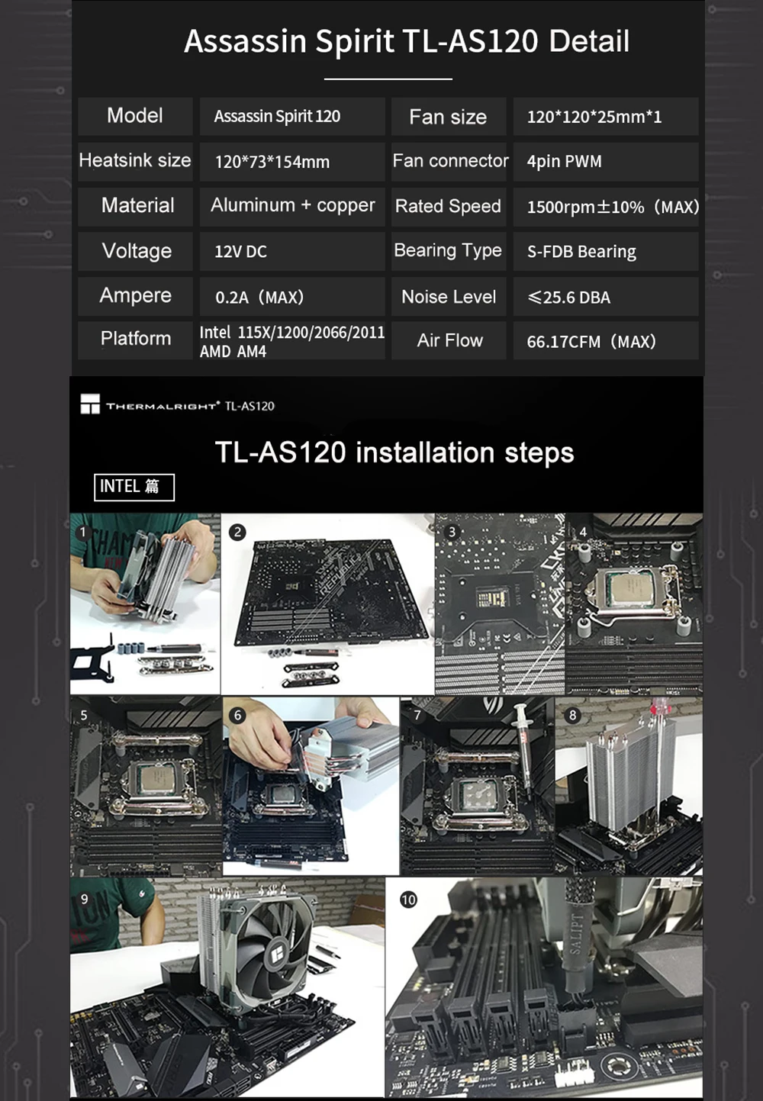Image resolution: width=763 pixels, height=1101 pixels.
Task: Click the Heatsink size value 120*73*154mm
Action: (x=272, y=162)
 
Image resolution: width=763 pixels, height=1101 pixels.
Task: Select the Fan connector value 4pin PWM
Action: (x=564, y=161)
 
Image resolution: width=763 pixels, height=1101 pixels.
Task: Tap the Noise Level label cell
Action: (x=449, y=296)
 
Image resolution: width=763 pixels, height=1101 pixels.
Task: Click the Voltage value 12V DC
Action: (x=240, y=252)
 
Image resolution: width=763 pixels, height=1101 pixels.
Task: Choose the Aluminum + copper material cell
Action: (x=292, y=205)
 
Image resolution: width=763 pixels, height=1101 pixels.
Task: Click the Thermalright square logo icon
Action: (x=90, y=404)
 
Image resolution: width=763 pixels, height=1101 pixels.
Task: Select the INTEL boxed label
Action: (x=134, y=487)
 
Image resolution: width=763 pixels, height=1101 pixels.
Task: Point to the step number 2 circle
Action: (x=237, y=532)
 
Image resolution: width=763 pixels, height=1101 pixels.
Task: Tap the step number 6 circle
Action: (x=237, y=715)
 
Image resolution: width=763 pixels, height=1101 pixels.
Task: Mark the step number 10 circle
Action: (x=408, y=900)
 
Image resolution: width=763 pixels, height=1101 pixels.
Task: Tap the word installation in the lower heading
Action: (x=425, y=452)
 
